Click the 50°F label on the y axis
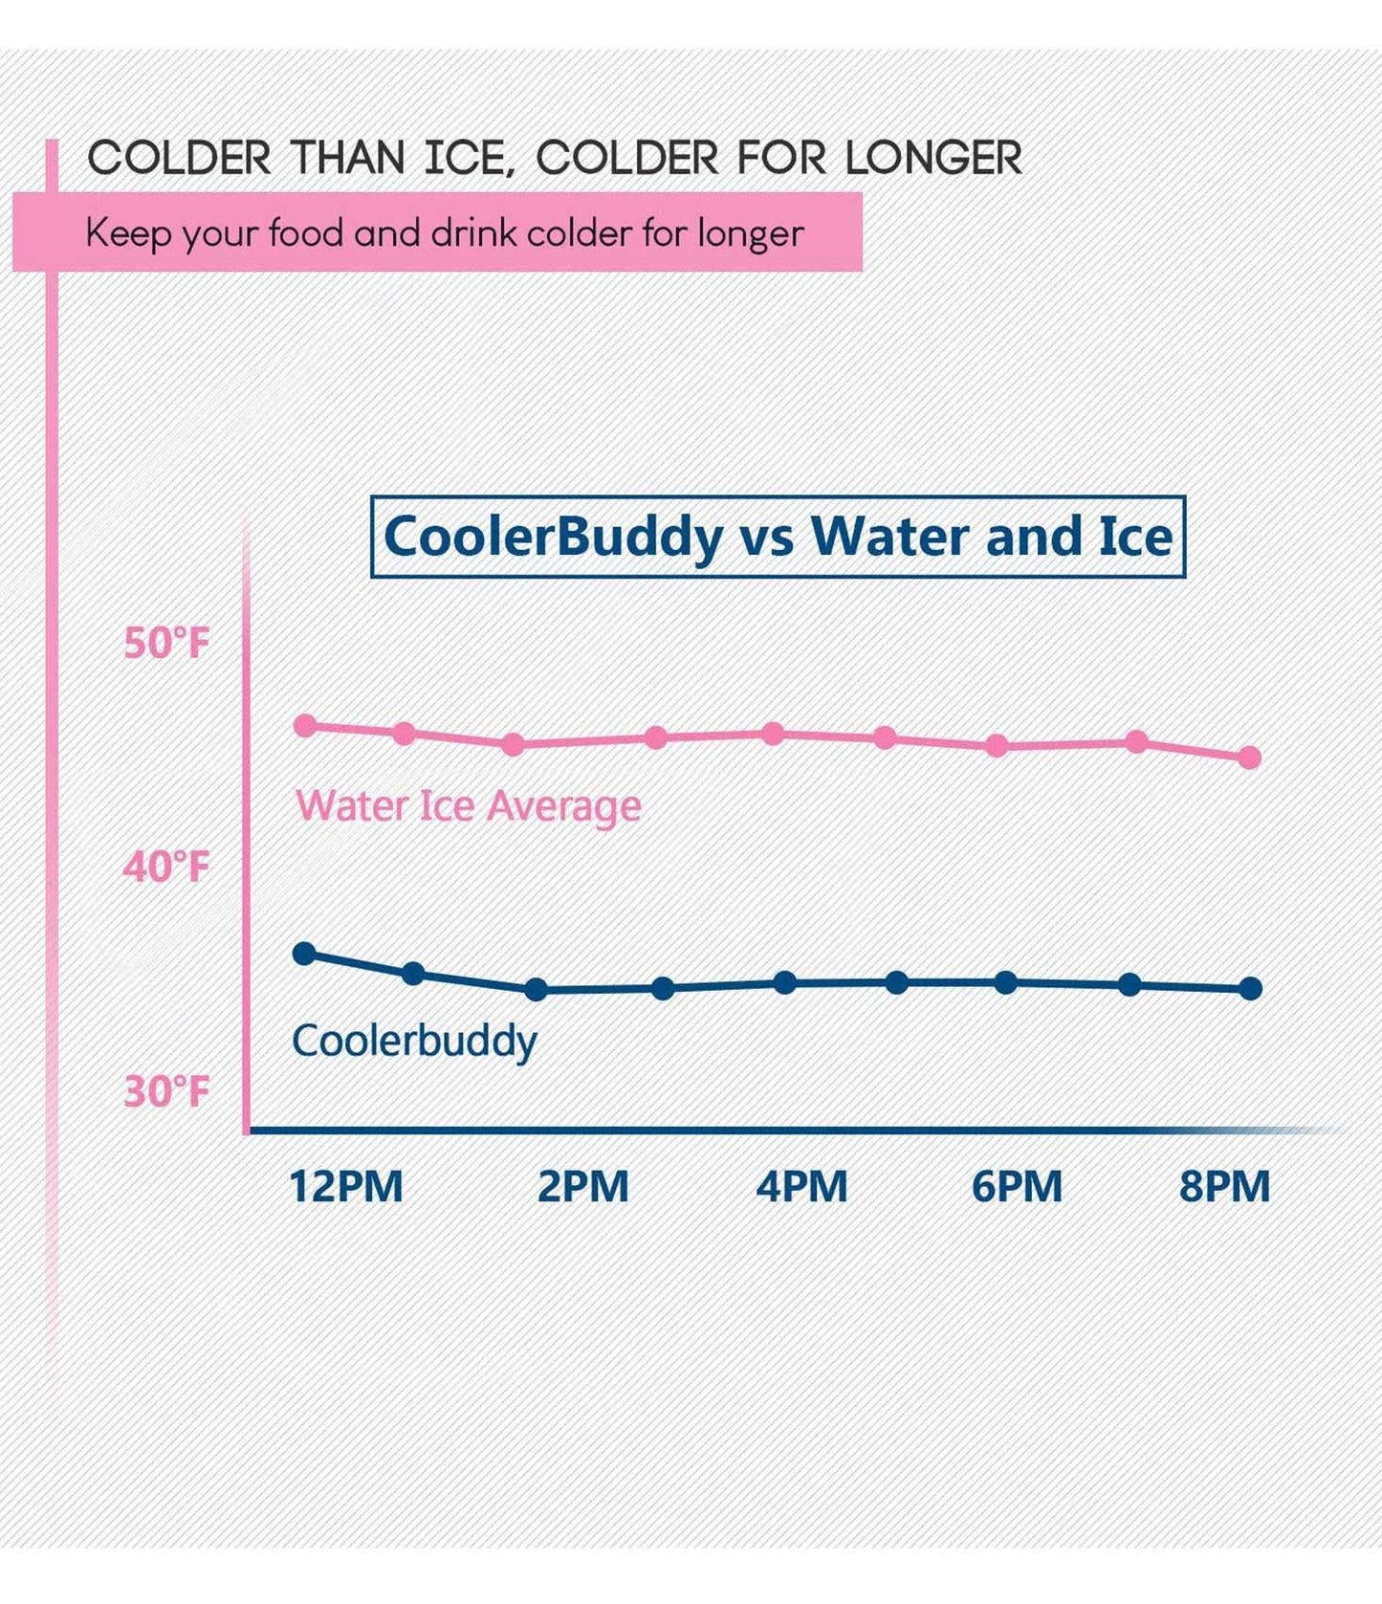166,643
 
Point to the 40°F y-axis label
166,868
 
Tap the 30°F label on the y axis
166,1091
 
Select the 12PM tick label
346,1187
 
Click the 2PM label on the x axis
583,1187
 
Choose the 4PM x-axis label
801,1187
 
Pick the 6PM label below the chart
1017,1187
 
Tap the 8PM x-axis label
1224,1187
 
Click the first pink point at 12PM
305,726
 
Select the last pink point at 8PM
1250,758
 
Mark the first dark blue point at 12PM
304,954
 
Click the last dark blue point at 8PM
1250,989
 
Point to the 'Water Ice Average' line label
468,806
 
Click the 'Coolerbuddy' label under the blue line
414,1041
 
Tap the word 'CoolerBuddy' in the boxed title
554,537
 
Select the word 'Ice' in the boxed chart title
1135,537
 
